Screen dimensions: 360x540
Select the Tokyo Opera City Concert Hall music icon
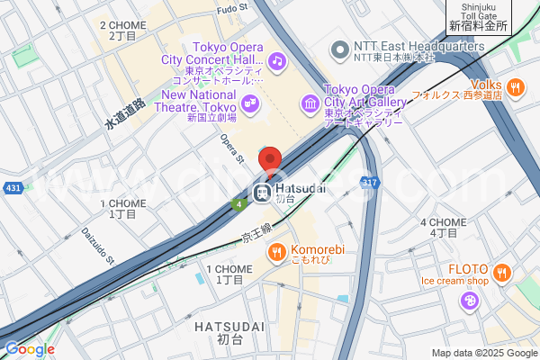click(x=277, y=61)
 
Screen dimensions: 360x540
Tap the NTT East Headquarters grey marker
click(x=340, y=48)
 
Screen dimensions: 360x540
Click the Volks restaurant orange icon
click(x=515, y=87)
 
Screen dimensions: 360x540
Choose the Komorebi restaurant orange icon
click(x=277, y=250)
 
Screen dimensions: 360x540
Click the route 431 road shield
click(x=13, y=187)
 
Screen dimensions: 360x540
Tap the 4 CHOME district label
click(x=443, y=227)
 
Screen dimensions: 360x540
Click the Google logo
click(x=30, y=348)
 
